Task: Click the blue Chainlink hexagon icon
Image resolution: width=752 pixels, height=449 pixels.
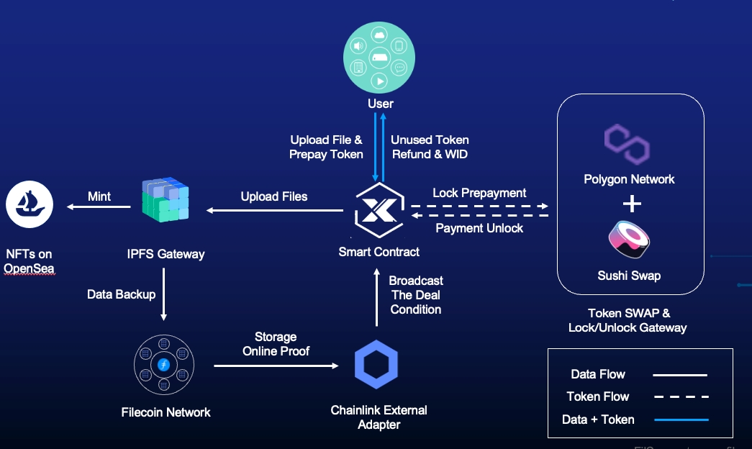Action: (376, 364)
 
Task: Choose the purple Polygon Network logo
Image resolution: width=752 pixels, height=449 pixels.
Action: (628, 144)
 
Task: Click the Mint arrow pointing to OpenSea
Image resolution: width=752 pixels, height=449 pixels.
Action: (99, 208)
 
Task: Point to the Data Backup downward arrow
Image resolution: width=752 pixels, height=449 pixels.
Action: (164, 294)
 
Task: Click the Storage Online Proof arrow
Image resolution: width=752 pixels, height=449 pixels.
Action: (276, 366)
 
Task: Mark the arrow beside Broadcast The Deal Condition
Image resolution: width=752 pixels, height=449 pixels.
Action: (376, 295)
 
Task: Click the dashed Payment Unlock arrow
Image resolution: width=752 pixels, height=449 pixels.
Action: (479, 215)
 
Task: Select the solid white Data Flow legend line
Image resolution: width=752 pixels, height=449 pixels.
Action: (679, 375)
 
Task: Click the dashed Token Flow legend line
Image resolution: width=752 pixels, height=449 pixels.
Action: (680, 396)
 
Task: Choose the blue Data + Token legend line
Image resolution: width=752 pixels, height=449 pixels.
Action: (679, 419)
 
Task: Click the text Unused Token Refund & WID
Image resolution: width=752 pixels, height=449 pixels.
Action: (430, 147)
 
